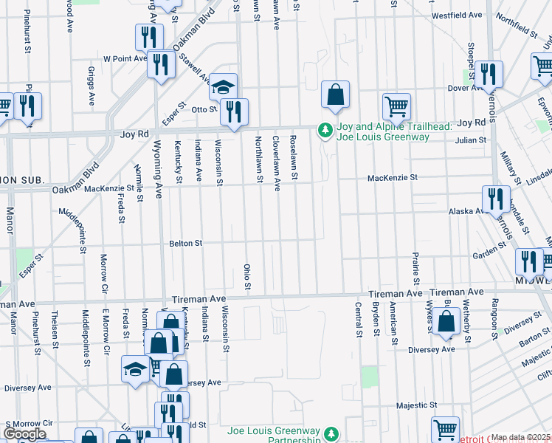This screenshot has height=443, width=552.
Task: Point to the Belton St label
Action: (186, 242)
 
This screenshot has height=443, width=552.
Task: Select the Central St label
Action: (359, 319)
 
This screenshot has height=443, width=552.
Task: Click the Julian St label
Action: (471, 140)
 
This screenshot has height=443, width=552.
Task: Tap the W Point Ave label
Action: (125, 58)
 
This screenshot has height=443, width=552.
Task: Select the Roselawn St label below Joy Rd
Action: (294, 157)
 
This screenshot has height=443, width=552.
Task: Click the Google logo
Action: (24, 434)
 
